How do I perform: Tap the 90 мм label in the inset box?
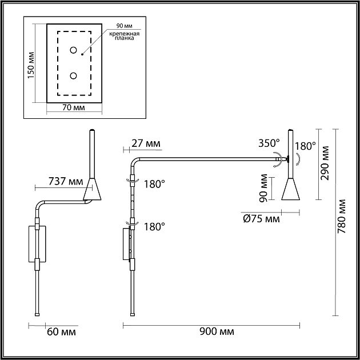(x=123, y=27)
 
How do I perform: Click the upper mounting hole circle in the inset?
(x=74, y=51)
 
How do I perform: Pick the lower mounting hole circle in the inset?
(x=74, y=75)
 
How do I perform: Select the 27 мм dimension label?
(x=145, y=143)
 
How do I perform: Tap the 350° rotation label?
(x=268, y=143)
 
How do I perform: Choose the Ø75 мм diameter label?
(x=261, y=219)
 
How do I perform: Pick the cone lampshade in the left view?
(x=91, y=190)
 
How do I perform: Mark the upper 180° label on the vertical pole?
(x=154, y=184)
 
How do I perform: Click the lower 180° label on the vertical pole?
(x=154, y=226)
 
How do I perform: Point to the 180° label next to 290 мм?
(x=305, y=146)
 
